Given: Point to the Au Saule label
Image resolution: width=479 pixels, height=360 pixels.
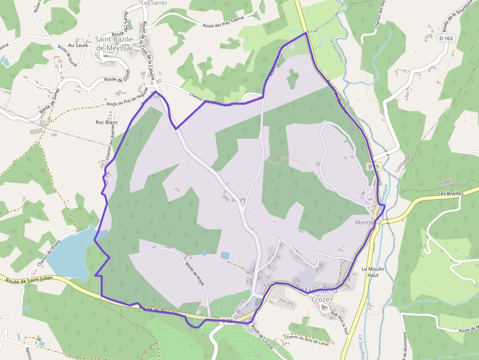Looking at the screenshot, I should click(x=78, y=45).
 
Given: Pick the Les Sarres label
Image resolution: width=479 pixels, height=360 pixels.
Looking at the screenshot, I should click(x=154, y=3).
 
